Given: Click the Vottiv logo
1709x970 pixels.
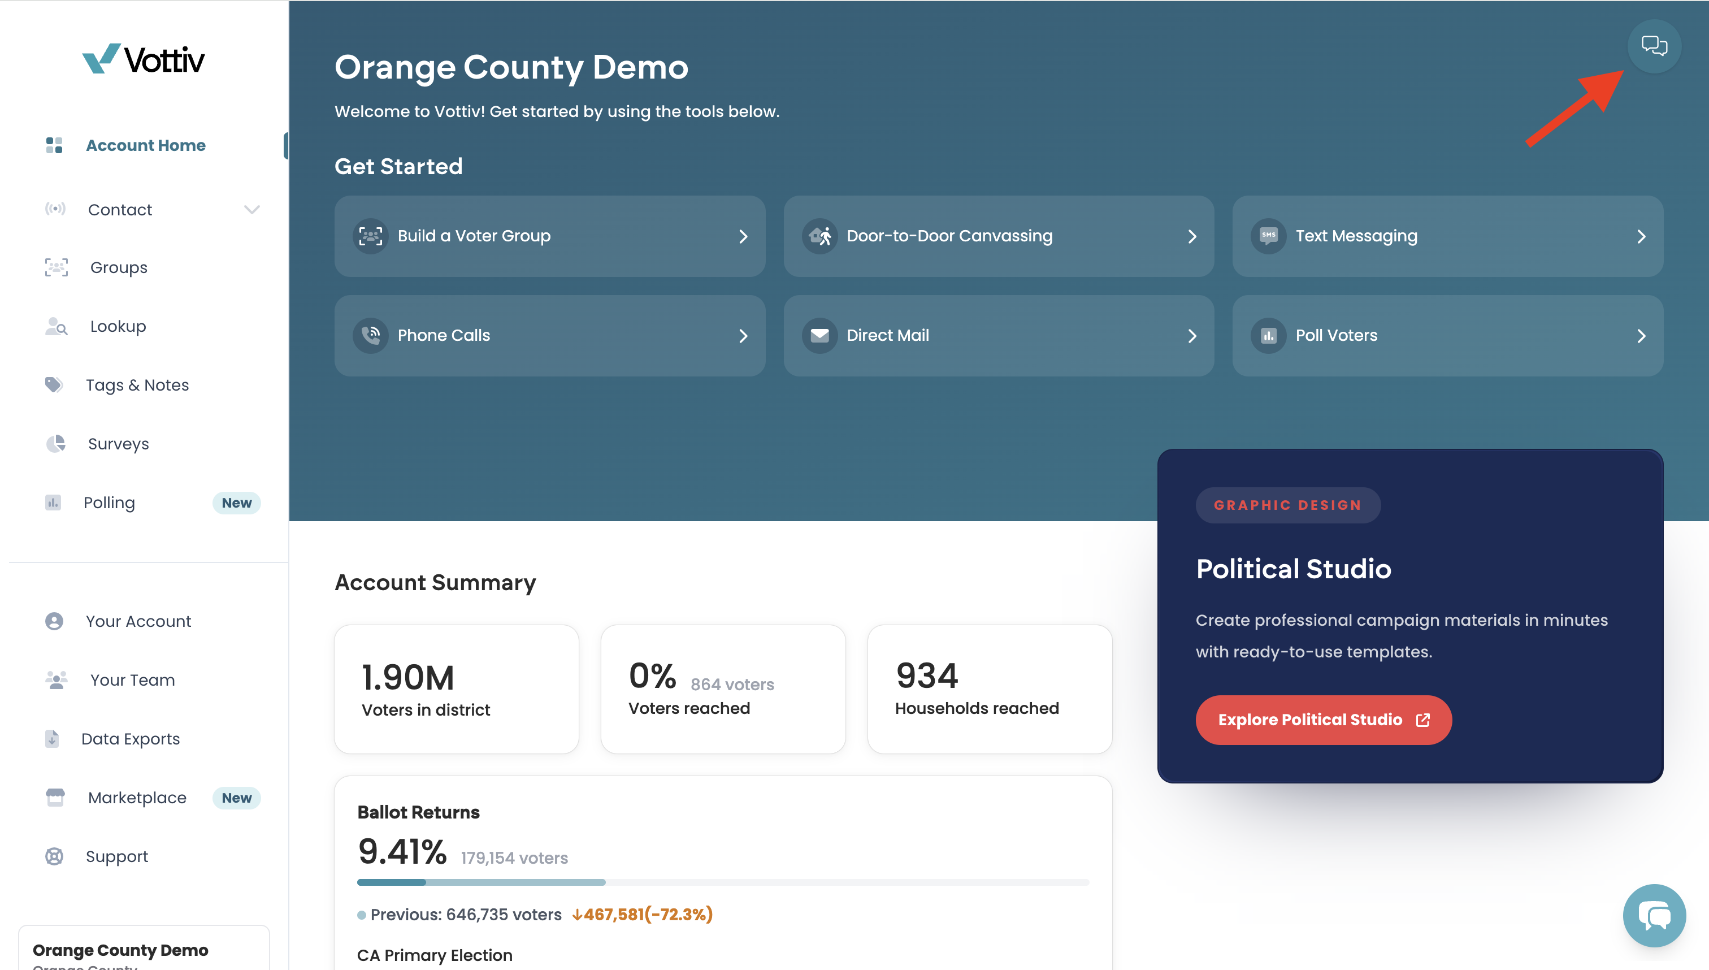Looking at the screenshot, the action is pyautogui.click(x=143, y=59).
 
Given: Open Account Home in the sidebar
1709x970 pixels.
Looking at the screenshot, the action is pyautogui.click(x=145, y=145).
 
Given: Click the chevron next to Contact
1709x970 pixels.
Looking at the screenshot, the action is pyautogui.click(x=251, y=210).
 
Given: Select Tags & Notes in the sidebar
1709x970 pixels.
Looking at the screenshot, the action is pyautogui.click(x=137, y=385).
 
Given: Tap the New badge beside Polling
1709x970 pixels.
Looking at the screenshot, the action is pyautogui.click(x=236, y=503).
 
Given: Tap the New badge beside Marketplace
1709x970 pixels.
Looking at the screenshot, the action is pyautogui.click(x=236, y=798).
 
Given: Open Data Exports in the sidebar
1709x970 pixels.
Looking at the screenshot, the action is pyautogui.click(x=131, y=739).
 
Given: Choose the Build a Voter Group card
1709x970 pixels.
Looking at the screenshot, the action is pyautogui.click(x=549, y=236).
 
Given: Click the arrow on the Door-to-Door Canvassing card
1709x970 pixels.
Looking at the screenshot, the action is pyautogui.click(x=1192, y=236).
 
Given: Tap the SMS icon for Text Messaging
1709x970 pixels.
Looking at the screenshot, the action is pyautogui.click(x=1268, y=236).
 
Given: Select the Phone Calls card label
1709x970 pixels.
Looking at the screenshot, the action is pyautogui.click(x=444, y=335).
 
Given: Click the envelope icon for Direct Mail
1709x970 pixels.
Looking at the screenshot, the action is pyautogui.click(x=819, y=335).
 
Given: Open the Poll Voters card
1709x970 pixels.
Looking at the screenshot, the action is pyautogui.click(x=1447, y=336).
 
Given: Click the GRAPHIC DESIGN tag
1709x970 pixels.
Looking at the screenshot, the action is pyautogui.click(x=1287, y=505).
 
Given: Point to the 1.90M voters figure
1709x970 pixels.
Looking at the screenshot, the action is pyautogui.click(x=407, y=678).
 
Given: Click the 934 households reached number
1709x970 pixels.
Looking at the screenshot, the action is pyautogui.click(x=926, y=675).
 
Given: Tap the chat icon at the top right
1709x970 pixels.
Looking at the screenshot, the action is pyautogui.click(x=1654, y=46).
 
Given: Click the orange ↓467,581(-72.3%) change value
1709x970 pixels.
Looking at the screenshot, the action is pyautogui.click(x=642, y=914).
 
